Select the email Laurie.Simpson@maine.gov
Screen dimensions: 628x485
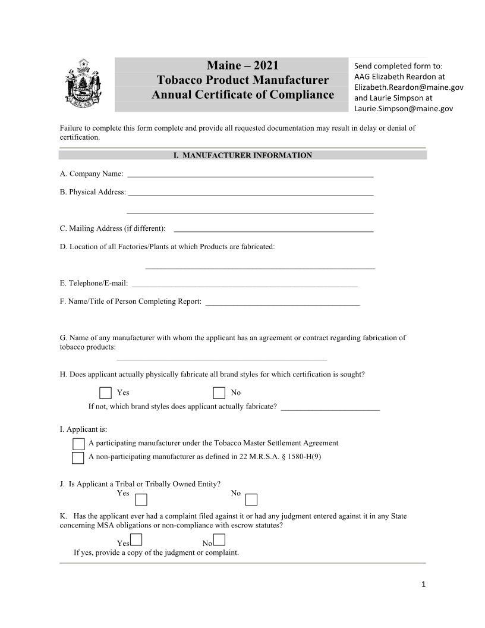tap(404, 108)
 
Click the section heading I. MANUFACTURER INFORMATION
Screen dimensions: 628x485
tap(242, 155)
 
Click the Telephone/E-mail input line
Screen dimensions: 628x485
tap(244, 285)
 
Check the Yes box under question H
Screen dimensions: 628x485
tap(105, 392)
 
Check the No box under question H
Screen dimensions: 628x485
tap(219, 392)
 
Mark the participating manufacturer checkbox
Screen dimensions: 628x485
tap(78, 444)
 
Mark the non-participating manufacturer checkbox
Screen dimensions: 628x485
tap(78, 458)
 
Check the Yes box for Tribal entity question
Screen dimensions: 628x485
tap(141, 500)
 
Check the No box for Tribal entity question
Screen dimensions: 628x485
tap(251, 500)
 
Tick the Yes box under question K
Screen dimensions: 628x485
tap(136, 540)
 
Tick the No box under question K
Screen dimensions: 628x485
tap(219, 540)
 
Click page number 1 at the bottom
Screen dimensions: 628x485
tap(423, 584)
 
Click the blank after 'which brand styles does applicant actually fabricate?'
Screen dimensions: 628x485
tap(330, 409)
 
